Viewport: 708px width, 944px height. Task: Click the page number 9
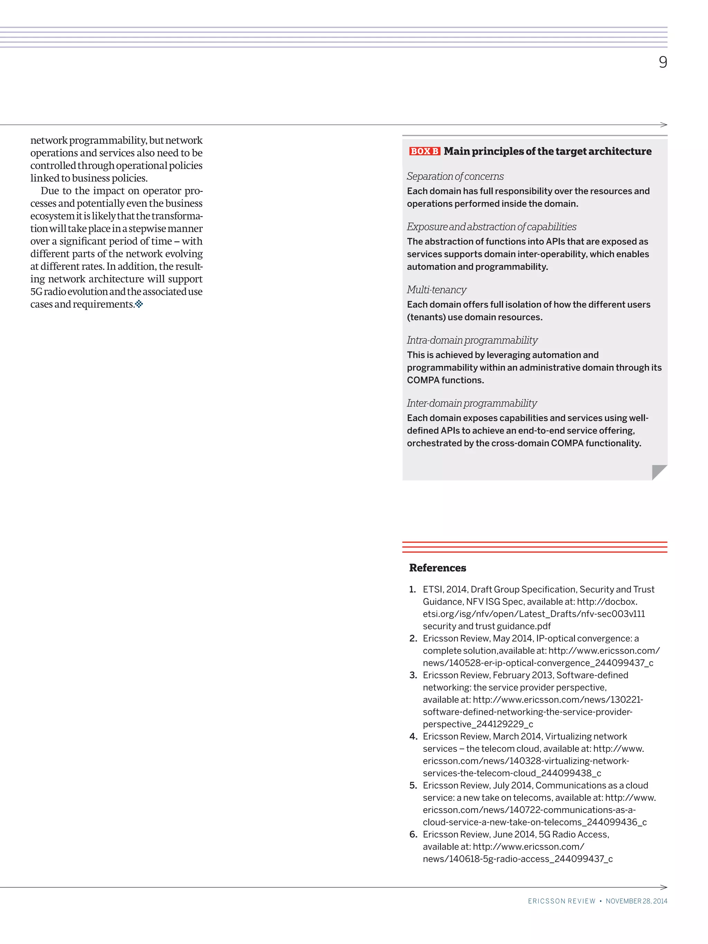point(662,62)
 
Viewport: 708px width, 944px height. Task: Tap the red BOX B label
point(424,151)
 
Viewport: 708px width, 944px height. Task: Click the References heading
point(437,568)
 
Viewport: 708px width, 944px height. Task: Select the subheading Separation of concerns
point(455,176)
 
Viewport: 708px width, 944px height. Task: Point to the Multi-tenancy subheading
point(436,290)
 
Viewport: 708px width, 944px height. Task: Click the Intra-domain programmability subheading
point(472,340)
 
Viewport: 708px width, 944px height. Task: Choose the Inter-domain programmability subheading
point(472,403)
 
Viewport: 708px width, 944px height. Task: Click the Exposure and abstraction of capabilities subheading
point(491,227)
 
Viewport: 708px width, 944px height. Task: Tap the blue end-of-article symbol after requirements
point(139,304)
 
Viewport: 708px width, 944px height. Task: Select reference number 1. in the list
point(412,589)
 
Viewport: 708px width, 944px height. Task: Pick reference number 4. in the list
point(413,736)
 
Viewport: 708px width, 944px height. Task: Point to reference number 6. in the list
point(413,834)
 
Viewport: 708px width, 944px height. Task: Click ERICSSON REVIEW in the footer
point(561,901)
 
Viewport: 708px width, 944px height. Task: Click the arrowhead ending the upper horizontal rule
point(664,125)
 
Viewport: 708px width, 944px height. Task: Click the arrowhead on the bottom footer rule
point(664,887)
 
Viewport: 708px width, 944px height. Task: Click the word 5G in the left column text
point(36,292)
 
